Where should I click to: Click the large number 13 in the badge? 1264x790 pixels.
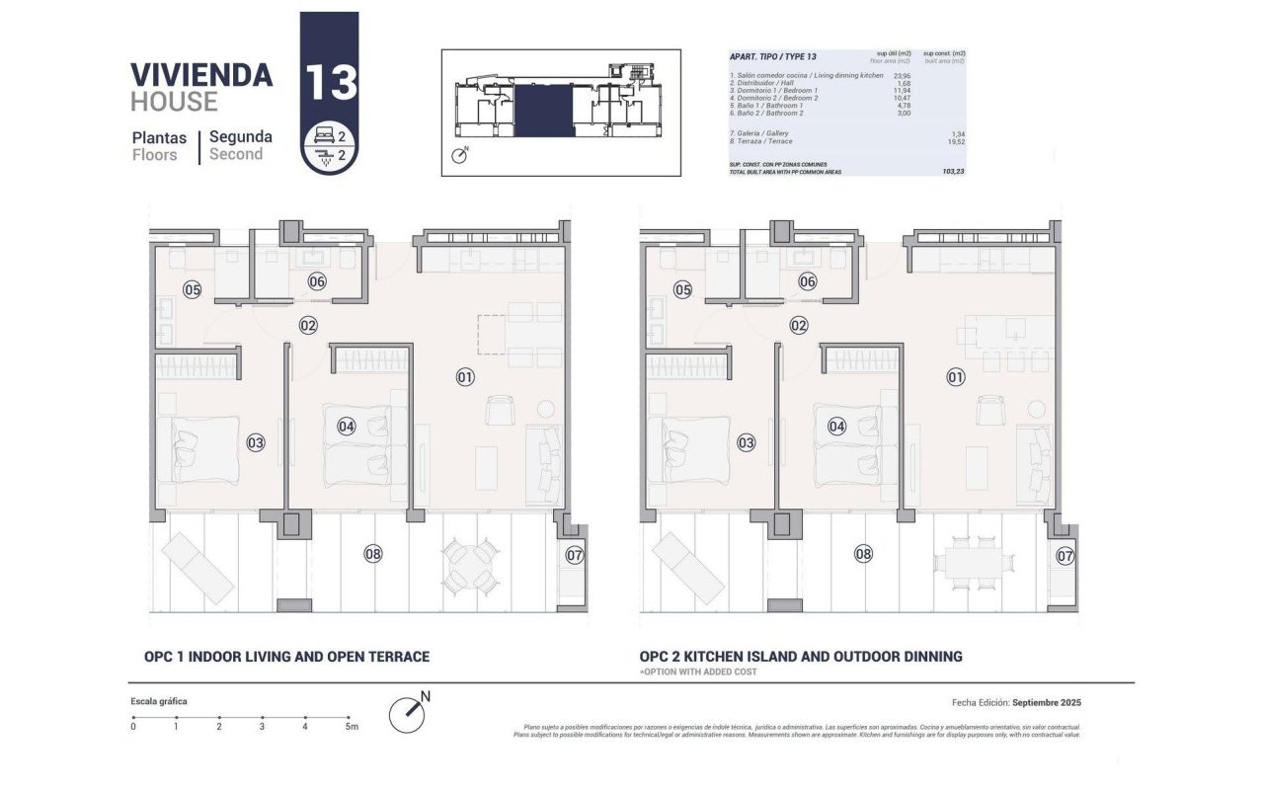pyautogui.click(x=330, y=82)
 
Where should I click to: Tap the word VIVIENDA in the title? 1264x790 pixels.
pyautogui.click(x=201, y=75)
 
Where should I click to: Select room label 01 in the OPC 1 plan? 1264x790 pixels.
pyautogui.click(x=465, y=376)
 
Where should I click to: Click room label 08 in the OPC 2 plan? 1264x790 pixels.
pyautogui.click(x=864, y=554)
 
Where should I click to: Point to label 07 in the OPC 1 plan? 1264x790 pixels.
pyautogui.click(x=575, y=555)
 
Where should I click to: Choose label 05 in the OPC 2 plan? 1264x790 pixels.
pyautogui.click(x=682, y=290)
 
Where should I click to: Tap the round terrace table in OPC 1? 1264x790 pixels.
pyautogui.click(x=470, y=564)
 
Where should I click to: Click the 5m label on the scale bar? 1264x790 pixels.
pyautogui.click(x=351, y=727)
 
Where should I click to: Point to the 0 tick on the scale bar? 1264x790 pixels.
pyautogui.click(x=133, y=727)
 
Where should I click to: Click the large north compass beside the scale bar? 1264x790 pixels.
pyautogui.click(x=408, y=713)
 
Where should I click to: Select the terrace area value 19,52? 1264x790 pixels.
pyautogui.click(x=955, y=141)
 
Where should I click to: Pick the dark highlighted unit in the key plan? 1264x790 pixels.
pyautogui.click(x=544, y=110)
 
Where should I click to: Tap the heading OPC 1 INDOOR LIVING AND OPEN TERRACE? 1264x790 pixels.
pyautogui.click(x=286, y=657)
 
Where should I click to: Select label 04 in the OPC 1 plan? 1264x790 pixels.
pyautogui.click(x=346, y=427)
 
